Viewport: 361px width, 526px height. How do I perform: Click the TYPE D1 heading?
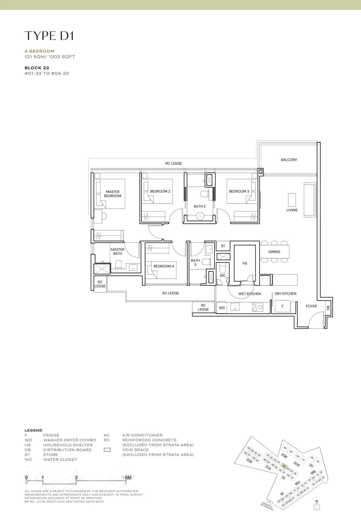pyautogui.click(x=49, y=36)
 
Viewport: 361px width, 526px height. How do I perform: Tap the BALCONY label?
pyautogui.click(x=289, y=160)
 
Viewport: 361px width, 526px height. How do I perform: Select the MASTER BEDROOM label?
pyautogui.click(x=113, y=194)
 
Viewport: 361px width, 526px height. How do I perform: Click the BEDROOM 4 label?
pyautogui.click(x=164, y=266)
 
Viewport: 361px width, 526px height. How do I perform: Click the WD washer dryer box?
pyautogui.click(x=222, y=308)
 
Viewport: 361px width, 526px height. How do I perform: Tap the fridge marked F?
pyautogui.click(x=282, y=306)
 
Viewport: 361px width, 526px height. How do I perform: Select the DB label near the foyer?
pyautogui.click(x=328, y=308)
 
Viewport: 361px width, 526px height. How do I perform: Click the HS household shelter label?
pyautogui.click(x=245, y=263)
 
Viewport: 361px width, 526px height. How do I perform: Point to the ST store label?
pyautogui.click(x=223, y=246)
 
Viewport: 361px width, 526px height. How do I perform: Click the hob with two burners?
pyautogui.click(x=257, y=307)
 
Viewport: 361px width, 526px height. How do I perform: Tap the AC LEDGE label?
pyautogui.click(x=171, y=293)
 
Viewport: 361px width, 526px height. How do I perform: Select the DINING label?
pyautogui.click(x=274, y=252)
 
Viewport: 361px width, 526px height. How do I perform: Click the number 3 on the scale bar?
pyautogui.click(x=76, y=477)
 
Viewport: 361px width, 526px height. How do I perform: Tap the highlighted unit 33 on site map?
pyautogui.click(x=284, y=465)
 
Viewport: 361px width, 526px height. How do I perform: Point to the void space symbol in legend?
pyautogui.click(x=107, y=450)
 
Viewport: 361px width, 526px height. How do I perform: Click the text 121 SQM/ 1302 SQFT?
pyautogui.click(x=50, y=57)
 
